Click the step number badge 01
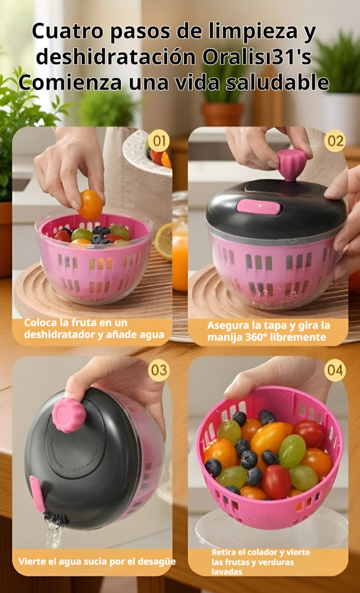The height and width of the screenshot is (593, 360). pyautogui.click(x=158, y=141)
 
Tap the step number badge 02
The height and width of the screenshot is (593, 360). pyautogui.click(x=335, y=141)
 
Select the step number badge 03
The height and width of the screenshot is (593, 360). pyautogui.click(x=159, y=370)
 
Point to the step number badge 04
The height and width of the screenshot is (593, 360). pyautogui.click(x=335, y=370)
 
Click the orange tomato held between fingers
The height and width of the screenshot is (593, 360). pyautogui.click(x=90, y=205)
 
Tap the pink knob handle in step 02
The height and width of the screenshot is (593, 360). pyautogui.click(x=291, y=164)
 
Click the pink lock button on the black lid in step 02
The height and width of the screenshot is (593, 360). pyautogui.click(x=258, y=206)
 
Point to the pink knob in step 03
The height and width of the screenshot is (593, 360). pyautogui.click(x=68, y=415)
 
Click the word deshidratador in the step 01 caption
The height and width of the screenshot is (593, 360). pyautogui.click(x=57, y=335)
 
